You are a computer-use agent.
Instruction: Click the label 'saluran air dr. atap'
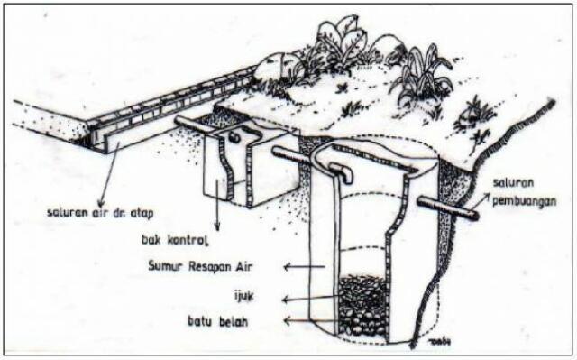point(100,213)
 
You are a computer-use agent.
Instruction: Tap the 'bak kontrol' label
point(175,240)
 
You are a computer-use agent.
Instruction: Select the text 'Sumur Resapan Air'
point(200,266)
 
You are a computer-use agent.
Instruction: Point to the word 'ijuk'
point(244,296)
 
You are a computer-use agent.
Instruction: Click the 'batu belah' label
point(218,321)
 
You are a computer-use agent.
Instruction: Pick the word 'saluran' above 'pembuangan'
point(513,182)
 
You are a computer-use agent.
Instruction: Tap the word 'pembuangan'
point(525,201)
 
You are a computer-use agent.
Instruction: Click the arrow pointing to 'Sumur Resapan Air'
point(305,266)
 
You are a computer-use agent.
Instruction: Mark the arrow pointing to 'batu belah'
point(311,320)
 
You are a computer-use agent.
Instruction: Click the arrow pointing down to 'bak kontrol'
point(217,205)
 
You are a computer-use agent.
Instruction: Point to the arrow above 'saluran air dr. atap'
point(108,174)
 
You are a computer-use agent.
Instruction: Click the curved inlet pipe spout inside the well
point(342,172)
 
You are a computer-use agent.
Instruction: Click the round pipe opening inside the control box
point(234,137)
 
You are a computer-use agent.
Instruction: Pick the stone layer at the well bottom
point(362,324)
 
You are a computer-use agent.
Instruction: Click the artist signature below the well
point(440,342)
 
